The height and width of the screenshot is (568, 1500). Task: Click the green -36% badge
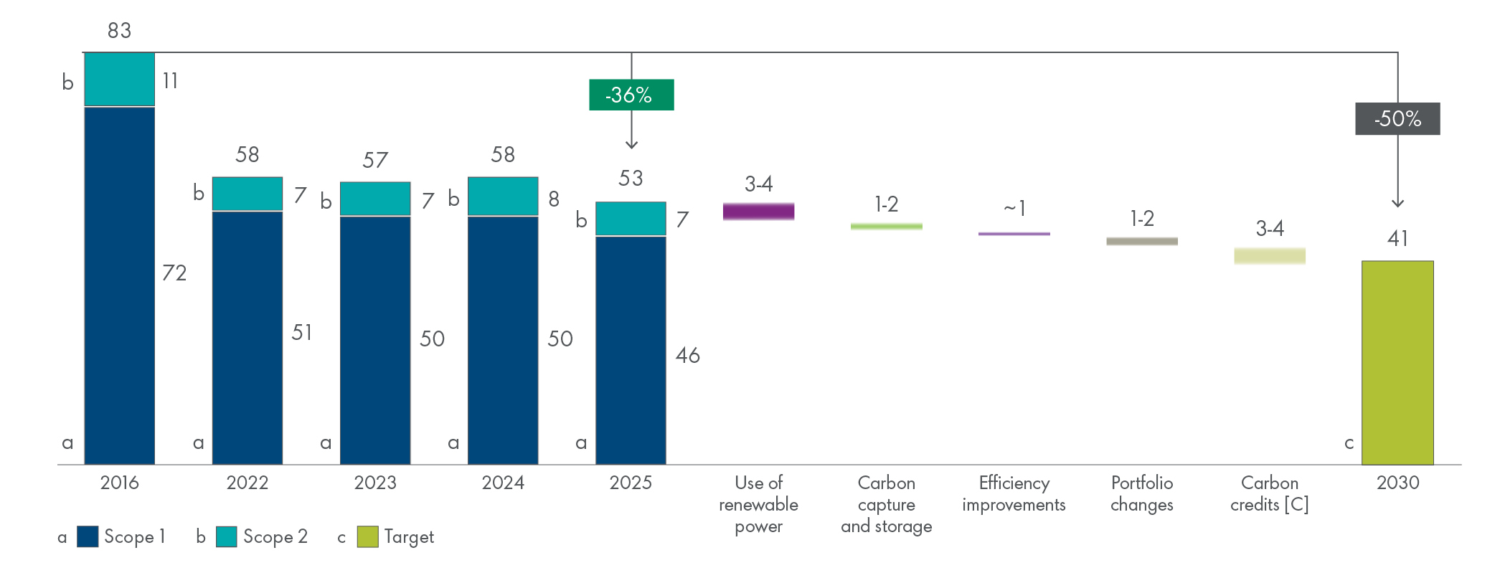(x=631, y=95)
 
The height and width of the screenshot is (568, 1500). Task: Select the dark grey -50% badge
(x=1397, y=119)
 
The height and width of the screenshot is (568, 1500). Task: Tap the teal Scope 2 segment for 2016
(x=120, y=80)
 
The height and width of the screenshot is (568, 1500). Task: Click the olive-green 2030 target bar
(x=1397, y=362)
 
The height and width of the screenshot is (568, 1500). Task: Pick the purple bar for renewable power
(x=758, y=212)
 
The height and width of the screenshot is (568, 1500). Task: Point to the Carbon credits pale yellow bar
(x=1270, y=256)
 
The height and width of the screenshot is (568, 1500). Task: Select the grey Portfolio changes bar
(x=1142, y=241)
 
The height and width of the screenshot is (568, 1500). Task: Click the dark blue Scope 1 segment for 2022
(x=247, y=337)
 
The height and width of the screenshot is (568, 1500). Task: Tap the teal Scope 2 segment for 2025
(x=631, y=219)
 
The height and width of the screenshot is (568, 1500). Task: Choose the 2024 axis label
(x=503, y=483)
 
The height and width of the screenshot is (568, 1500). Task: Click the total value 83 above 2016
(x=119, y=31)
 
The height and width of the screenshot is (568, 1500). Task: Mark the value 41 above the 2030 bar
(x=1397, y=238)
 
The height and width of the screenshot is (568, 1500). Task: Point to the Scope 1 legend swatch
(x=88, y=536)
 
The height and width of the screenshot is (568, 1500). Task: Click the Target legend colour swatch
(x=367, y=536)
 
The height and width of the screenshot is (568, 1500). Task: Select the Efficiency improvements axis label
(x=1014, y=493)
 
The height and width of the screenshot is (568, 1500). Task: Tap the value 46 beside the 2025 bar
(x=687, y=355)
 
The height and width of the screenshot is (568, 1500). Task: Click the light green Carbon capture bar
(x=886, y=227)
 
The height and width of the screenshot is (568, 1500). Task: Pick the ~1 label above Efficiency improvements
(x=1014, y=209)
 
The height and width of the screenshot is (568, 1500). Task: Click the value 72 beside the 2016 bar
(x=174, y=273)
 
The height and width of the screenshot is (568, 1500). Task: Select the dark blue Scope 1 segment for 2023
(x=375, y=340)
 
